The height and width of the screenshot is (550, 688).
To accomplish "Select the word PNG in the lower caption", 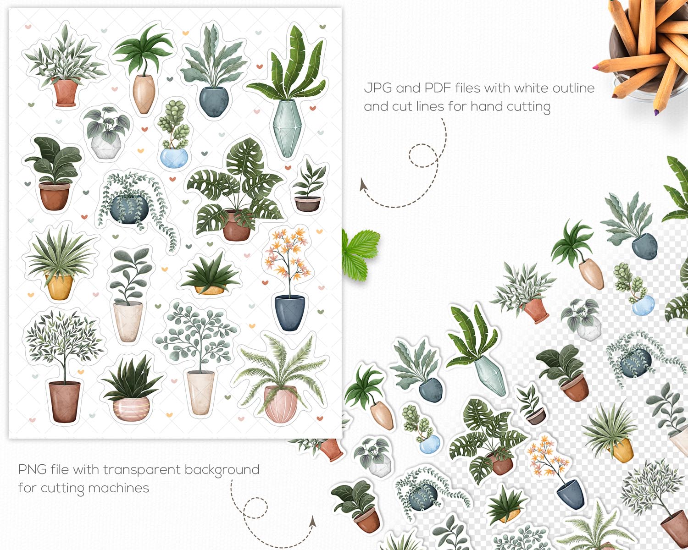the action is click(32, 469).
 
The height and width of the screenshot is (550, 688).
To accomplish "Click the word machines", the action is click(119, 488).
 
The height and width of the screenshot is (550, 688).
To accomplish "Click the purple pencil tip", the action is click(657, 112).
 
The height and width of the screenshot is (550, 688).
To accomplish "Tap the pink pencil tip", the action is click(596, 67).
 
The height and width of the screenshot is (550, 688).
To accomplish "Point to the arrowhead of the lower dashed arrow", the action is click(313, 521).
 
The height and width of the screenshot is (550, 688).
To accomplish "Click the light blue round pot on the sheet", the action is click(174, 158).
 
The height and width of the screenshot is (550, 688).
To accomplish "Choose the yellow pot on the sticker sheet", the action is click(60, 287).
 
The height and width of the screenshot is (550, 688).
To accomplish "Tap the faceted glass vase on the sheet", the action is click(287, 128).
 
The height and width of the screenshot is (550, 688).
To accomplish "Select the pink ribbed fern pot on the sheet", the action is click(281, 403).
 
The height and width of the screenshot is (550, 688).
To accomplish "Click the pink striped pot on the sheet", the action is click(131, 408).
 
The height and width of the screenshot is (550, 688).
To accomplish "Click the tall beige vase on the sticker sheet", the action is click(144, 94).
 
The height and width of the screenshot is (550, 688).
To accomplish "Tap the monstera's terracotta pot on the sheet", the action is click(237, 225).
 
